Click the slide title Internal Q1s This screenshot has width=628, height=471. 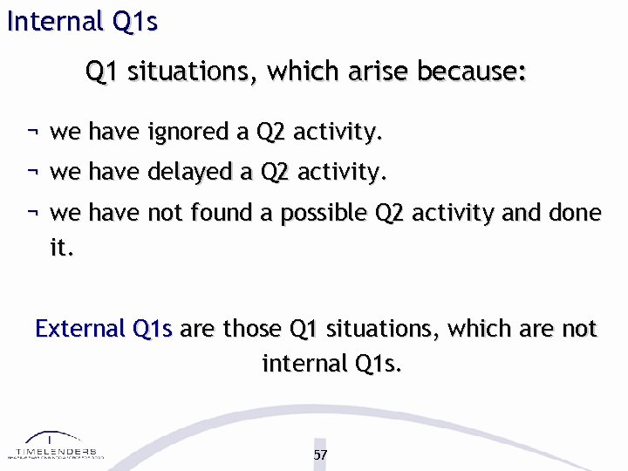tap(82, 21)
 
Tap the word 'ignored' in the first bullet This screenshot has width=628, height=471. tap(188, 133)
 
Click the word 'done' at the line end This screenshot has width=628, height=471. tap(576, 213)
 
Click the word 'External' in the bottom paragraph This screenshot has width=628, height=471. tap(80, 329)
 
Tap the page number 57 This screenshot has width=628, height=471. tap(320, 454)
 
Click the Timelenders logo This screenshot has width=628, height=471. tap(55, 446)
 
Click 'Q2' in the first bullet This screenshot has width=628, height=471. tap(270, 133)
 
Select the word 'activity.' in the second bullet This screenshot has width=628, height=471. tap(341, 173)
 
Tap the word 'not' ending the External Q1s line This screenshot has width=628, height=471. tap(578, 329)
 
